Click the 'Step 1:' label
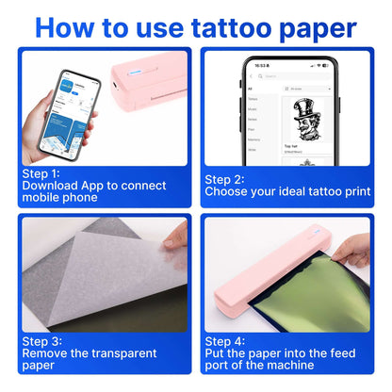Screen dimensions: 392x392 point(41,172)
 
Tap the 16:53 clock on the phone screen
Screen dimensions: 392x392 point(257,65)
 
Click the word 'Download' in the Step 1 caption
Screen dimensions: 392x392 point(45,186)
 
